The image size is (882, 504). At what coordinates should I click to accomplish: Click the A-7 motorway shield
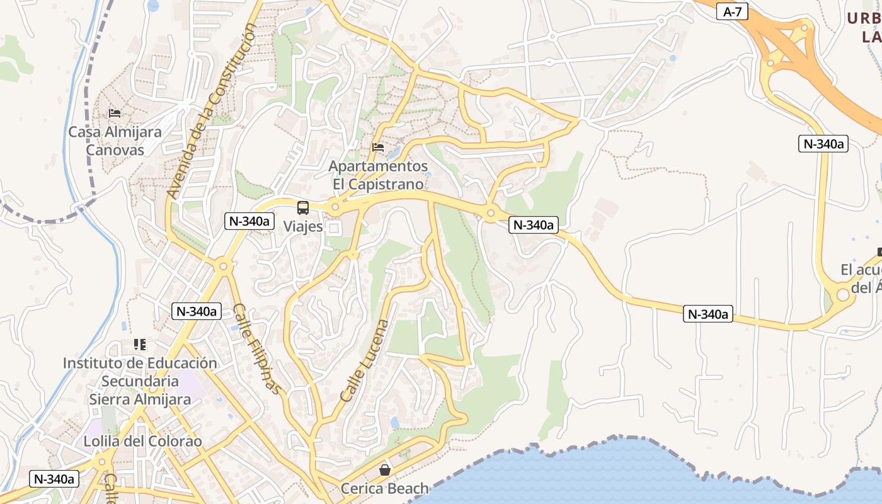coord(732,11)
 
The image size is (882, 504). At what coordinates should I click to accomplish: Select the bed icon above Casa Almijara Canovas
coord(115,113)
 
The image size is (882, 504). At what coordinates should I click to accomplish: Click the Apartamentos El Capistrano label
coord(378,175)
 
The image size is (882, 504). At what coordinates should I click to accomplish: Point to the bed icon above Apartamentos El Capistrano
coord(378,147)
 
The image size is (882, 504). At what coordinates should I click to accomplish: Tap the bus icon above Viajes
coord(303,208)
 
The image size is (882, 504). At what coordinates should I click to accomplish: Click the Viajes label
coord(303,226)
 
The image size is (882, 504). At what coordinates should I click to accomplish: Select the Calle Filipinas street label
coord(257,348)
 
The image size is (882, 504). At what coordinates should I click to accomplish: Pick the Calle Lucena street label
coord(365,361)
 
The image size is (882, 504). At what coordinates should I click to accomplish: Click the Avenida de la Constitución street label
coord(212,112)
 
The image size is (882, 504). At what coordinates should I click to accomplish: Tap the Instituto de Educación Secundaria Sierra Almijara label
coord(140,381)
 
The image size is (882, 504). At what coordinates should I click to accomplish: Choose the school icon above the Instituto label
coord(140,345)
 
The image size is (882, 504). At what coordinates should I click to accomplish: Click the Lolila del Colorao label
coord(143,441)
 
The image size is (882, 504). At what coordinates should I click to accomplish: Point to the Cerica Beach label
coord(384,488)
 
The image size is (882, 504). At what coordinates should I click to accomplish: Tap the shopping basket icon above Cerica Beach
coord(384,469)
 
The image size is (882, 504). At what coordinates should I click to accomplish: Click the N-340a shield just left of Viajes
coord(250,221)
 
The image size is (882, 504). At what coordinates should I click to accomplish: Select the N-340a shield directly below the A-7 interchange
coord(823,144)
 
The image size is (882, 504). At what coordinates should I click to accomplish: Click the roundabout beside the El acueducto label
coord(843,294)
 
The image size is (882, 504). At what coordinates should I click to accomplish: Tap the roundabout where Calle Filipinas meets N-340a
coord(222,266)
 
